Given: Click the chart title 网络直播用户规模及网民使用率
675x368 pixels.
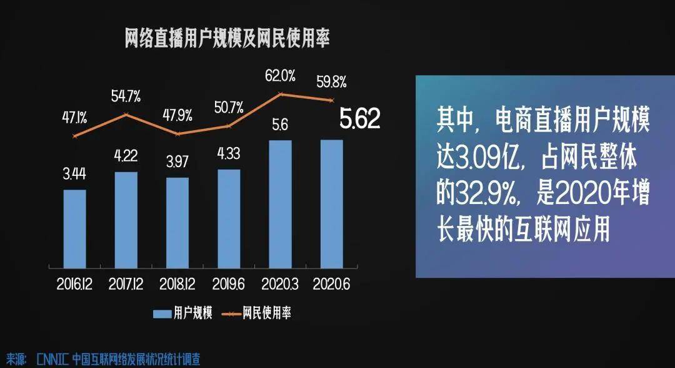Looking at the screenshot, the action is pos(227,38).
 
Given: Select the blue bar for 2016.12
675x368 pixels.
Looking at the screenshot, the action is pos(74,229).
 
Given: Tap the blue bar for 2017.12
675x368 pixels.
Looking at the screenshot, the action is pos(126,220).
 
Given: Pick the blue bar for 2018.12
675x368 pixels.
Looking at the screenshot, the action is pos(177,223).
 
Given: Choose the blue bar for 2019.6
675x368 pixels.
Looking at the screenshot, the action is pos(229,219).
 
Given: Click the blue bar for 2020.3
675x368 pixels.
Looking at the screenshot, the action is pos(280,204).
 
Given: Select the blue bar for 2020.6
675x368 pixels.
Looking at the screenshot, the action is pos(332,204).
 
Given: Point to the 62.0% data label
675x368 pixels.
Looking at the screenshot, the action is pos(280,76).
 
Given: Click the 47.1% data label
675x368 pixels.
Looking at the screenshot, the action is pos(74,117).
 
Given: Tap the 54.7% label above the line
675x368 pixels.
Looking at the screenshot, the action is pos(126,96).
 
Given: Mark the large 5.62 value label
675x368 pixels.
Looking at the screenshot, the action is pos(360,118).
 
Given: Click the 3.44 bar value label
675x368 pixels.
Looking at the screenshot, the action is pos(74,173).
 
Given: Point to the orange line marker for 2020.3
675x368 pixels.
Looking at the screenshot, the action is pos(280,93).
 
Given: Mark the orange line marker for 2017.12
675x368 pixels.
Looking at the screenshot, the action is pos(126,115).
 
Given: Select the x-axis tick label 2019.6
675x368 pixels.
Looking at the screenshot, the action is pos(229,284).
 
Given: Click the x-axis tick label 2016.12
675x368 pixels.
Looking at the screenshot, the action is pos(74,284).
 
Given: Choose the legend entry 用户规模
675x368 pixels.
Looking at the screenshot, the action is pos(182,314).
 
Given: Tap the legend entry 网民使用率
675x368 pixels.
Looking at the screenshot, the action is pos(257,314).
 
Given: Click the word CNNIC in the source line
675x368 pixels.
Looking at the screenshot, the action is pos(52,359).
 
